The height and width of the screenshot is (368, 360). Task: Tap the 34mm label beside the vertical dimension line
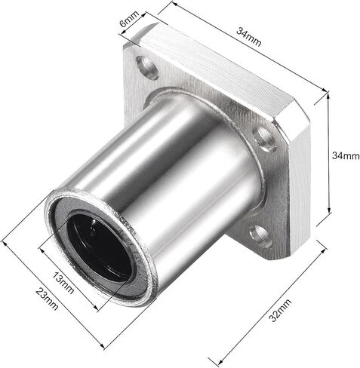(x=346, y=155)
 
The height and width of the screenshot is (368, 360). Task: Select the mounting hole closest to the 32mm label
(x=260, y=235)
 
